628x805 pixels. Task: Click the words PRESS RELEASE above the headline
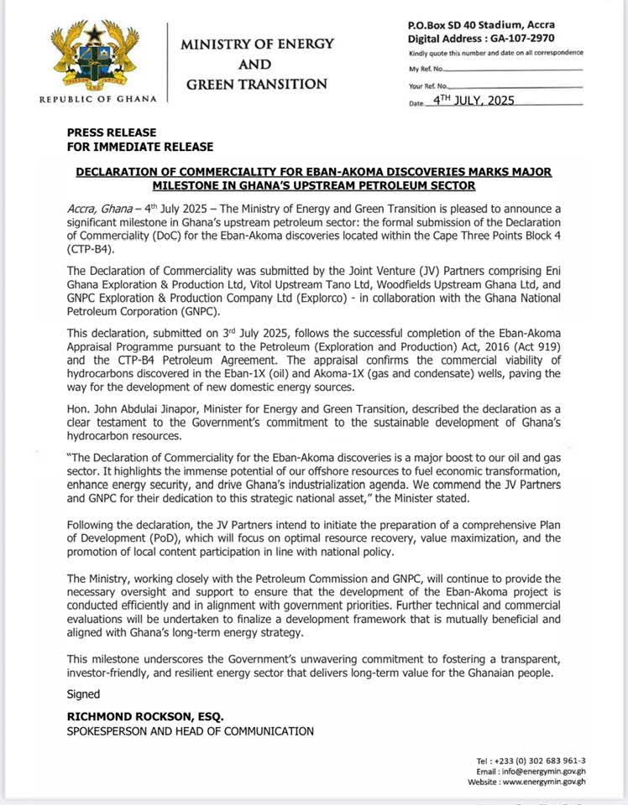112,132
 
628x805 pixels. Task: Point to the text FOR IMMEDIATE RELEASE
140,146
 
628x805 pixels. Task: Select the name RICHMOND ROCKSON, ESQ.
145,715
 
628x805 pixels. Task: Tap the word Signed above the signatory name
83,693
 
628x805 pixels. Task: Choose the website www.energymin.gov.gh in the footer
544,782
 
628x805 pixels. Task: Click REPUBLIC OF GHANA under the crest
98,99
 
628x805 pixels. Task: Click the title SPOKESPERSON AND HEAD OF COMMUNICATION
191,731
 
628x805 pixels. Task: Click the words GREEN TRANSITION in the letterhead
256,84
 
